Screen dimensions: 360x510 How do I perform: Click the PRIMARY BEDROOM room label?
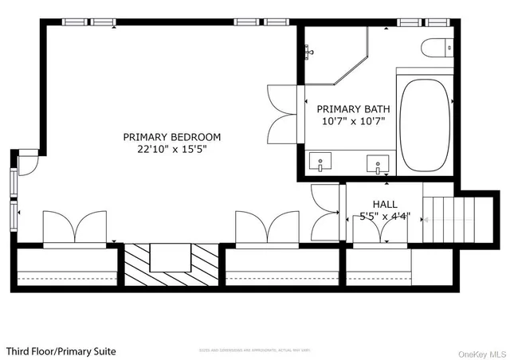(x=171, y=137)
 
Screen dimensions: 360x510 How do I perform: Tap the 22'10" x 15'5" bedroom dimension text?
(x=171, y=149)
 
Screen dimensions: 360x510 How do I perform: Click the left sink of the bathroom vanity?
(x=320, y=162)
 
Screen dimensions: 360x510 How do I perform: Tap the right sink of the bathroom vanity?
(x=377, y=164)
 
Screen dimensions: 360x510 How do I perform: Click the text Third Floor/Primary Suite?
(x=61, y=350)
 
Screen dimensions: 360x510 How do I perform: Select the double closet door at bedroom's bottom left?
(x=75, y=227)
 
